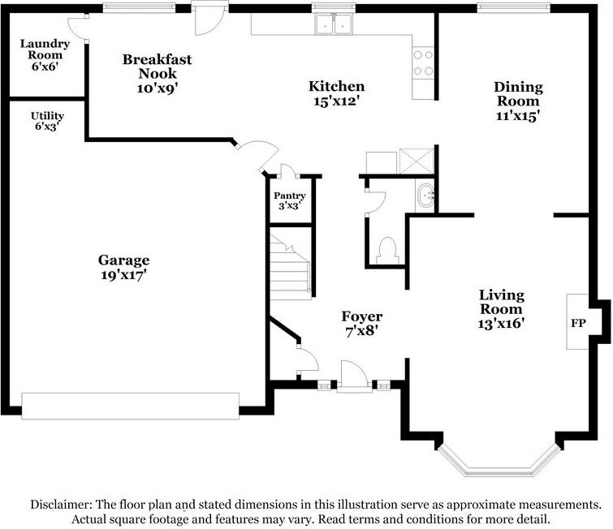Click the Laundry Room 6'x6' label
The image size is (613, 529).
click(x=45, y=54)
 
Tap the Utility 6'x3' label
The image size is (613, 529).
click(x=47, y=121)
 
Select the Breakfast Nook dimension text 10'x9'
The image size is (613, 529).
click(x=158, y=88)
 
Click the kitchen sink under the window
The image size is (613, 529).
click(x=334, y=24)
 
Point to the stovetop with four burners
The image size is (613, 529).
click(x=423, y=63)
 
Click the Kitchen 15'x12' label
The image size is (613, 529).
click(x=336, y=93)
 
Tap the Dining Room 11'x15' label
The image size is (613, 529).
click(x=518, y=101)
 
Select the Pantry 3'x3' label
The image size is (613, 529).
click(x=289, y=200)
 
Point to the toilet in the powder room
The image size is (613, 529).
click(x=387, y=251)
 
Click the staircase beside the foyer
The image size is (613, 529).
click(x=291, y=266)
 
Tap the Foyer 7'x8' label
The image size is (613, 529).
click(x=361, y=324)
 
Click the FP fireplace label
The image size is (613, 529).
click(x=578, y=323)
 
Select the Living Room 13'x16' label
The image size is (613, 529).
click(x=501, y=309)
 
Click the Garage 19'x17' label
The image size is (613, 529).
click(x=123, y=267)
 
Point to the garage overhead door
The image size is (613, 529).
click(x=130, y=406)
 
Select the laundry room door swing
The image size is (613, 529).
click(x=76, y=28)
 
